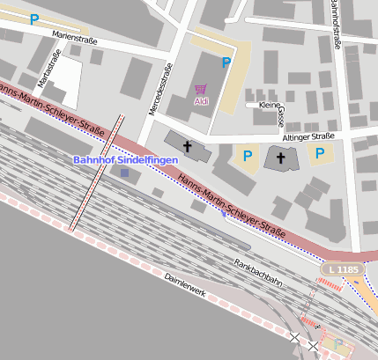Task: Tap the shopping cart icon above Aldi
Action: click(x=201, y=89)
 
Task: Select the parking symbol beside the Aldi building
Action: click(x=226, y=62)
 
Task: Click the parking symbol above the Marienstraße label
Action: click(x=34, y=18)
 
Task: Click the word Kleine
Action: click(x=270, y=105)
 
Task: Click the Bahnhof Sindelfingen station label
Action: click(x=124, y=159)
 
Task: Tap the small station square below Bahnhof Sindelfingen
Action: click(x=124, y=173)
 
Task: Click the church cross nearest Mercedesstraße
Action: click(x=187, y=144)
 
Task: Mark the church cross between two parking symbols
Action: click(x=281, y=158)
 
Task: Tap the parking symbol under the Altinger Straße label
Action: click(x=319, y=154)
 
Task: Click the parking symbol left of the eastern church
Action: click(x=248, y=158)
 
